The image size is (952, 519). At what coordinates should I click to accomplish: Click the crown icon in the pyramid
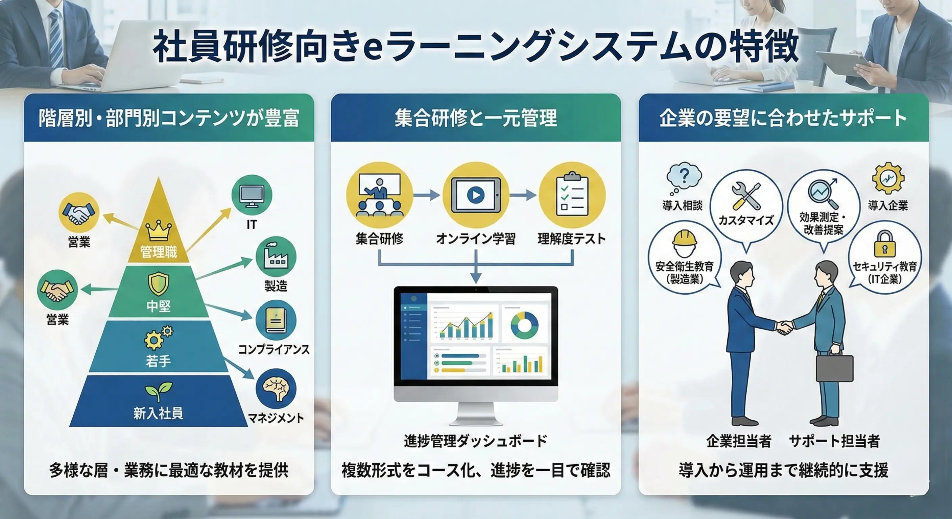click(x=159, y=230)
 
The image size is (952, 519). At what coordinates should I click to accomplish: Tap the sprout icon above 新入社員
click(x=158, y=391)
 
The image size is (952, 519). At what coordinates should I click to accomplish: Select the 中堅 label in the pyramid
click(x=159, y=306)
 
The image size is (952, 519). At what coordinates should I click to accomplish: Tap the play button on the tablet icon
click(x=476, y=195)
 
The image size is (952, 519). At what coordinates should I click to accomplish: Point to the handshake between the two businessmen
click(x=784, y=327)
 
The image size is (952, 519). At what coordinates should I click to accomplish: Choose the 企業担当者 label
click(x=738, y=441)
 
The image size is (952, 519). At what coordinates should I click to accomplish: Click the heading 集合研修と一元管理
click(x=476, y=118)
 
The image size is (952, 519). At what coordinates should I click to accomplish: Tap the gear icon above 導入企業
click(x=888, y=178)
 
